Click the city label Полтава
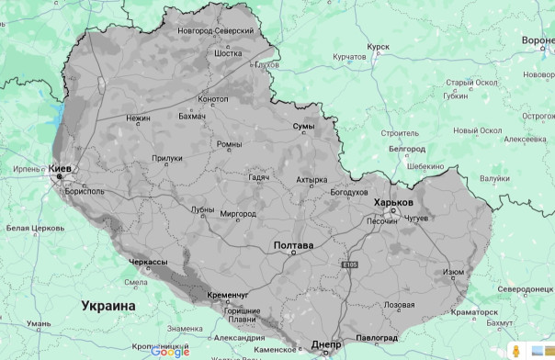(294, 246)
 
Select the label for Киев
(60, 170)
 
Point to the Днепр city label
(326, 344)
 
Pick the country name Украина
(108, 305)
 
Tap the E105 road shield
(347, 264)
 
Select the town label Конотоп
(213, 99)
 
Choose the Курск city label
(378, 45)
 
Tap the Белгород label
(406, 148)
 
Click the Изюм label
(454, 272)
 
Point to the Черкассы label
(148, 263)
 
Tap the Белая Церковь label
(31, 228)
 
